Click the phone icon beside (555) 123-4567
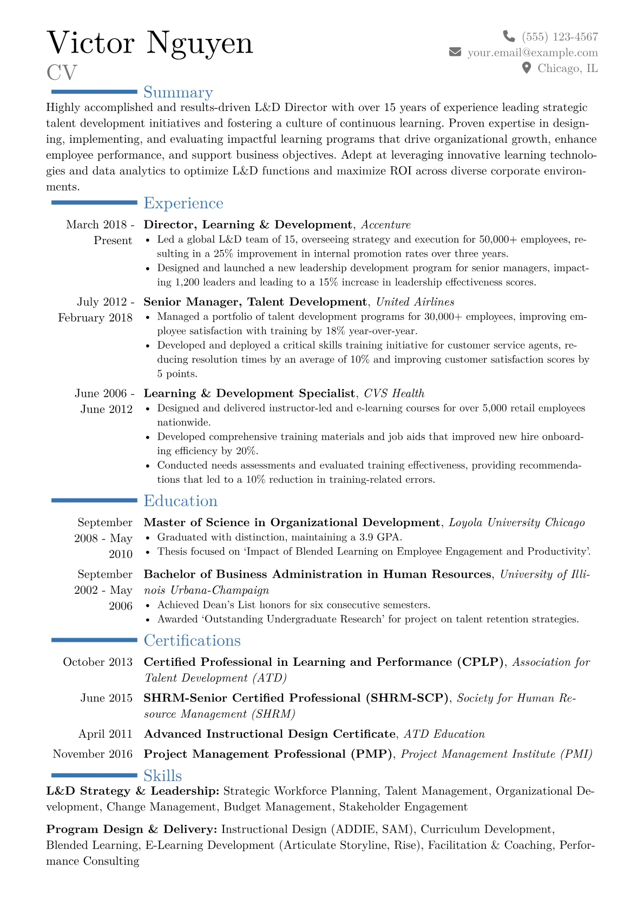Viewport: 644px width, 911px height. (509, 36)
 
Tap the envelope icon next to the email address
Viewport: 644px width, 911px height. (455, 52)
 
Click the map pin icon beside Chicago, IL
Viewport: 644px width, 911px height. (526, 68)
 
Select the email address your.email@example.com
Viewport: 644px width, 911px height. (533, 53)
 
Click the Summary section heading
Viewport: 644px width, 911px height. (178, 93)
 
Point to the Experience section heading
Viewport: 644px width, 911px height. (183, 203)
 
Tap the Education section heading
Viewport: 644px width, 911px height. (180, 501)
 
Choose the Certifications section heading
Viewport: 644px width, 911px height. (192, 640)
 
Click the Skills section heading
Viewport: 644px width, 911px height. (162, 776)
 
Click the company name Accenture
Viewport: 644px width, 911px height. (386, 225)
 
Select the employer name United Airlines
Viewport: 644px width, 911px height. (415, 302)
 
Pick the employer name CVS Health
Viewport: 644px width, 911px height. (394, 394)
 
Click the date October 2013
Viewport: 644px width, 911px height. (97, 662)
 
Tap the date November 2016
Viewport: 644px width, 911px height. (93, 754)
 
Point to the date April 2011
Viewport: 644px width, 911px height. (105, 734)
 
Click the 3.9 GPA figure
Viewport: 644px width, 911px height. (379, 537)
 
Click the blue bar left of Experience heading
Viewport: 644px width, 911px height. (94, 202)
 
